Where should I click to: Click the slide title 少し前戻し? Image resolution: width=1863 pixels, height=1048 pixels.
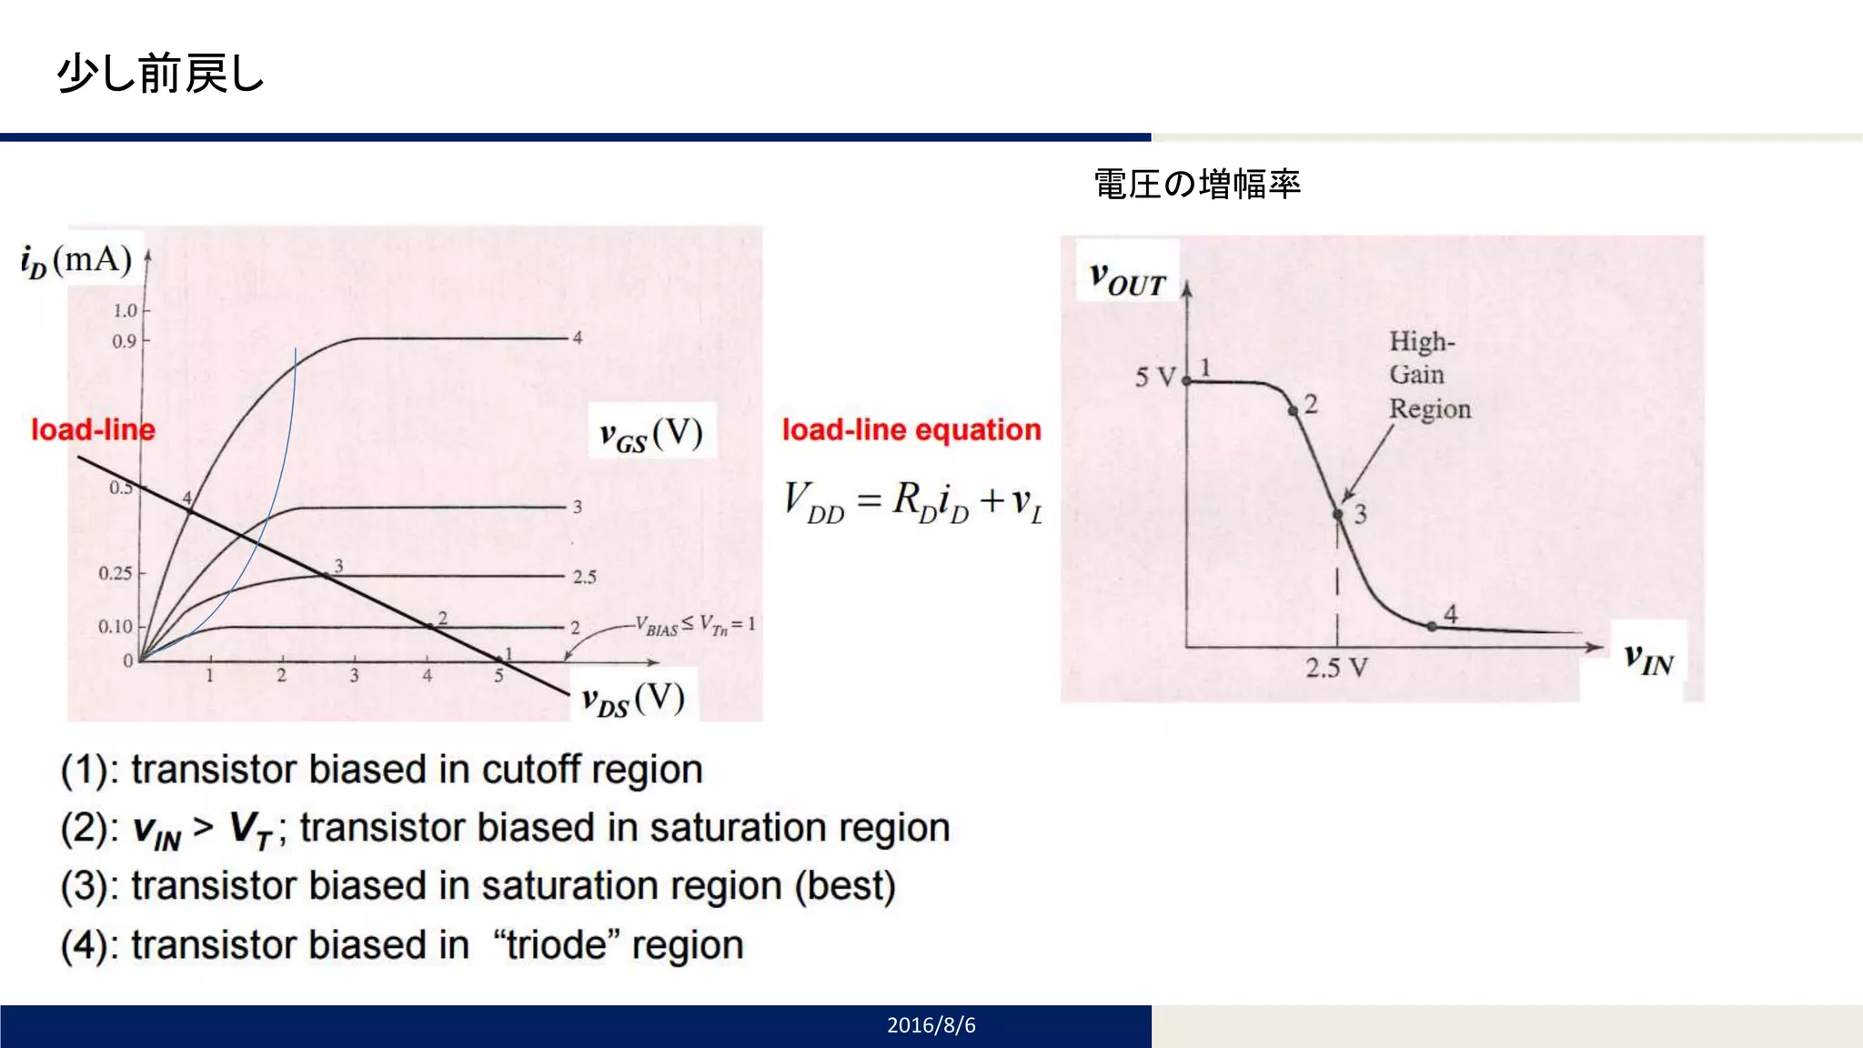click(160, 74)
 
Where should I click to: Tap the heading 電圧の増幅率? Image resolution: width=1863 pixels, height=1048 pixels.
click(1196, 185)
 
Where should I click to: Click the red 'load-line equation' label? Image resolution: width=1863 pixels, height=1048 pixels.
click(911, 429)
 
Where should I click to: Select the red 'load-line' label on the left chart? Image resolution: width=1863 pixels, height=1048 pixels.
click(93, 429)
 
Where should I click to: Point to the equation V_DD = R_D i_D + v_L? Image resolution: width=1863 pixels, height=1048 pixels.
click(913, 503)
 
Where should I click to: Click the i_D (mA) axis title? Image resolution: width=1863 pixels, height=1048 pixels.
click(76, 261)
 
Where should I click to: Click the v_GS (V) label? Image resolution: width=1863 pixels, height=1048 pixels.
click(651, 434)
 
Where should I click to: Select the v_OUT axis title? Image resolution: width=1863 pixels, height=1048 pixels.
click(1127, 279)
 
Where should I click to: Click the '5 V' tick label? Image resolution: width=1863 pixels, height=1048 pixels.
click(1155, 377)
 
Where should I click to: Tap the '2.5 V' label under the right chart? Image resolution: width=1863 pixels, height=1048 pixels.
click(1336, 669)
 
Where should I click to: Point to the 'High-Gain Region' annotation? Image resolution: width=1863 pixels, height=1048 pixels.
click(1428, 375)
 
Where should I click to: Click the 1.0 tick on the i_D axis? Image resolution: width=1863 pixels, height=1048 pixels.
click(125, 311)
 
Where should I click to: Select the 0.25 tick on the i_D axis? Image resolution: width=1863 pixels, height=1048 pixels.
click(116, 573)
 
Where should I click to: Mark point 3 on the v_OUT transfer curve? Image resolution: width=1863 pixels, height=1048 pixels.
click(1338, 515)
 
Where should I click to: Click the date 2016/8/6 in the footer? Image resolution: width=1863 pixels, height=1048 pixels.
click(931, 1025)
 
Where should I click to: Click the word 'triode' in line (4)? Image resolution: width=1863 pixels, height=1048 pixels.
click(557, 945)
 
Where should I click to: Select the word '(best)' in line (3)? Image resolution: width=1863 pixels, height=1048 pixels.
click(845, 886)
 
